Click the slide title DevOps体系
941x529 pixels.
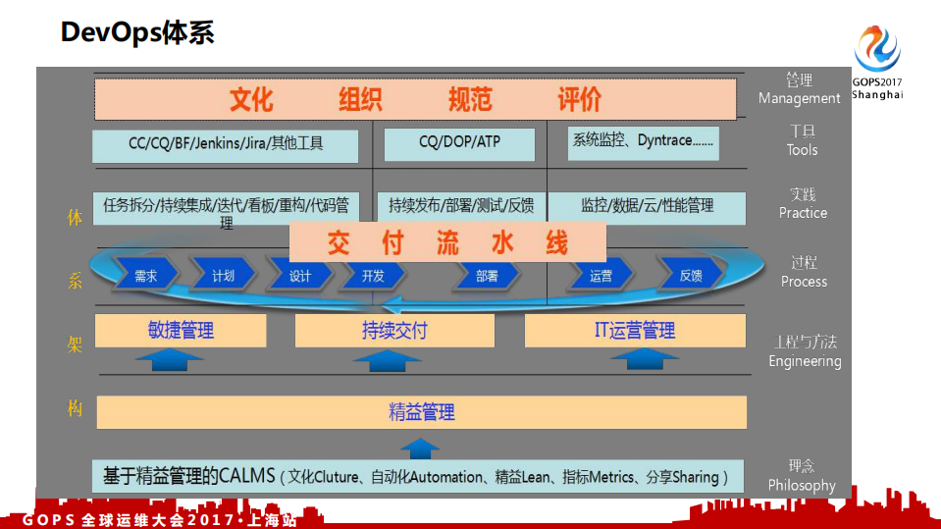(x=137, y=32)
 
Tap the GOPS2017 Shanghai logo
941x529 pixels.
(x=876, y=61)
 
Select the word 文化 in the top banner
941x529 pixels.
(x=251, y=99)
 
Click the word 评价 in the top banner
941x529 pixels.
(x=579, y=99)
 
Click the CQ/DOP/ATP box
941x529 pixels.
(x=459, y=143)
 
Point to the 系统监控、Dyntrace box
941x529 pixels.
(x=643, y=142)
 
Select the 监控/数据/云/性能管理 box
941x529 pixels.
(x=647, y=207)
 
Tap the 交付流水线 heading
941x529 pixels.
(x=447, y=242)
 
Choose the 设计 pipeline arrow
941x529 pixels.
(x=300, y=276)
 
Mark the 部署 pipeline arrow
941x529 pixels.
(x=487, y=276)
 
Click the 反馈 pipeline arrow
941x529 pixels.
(x=691, y=276)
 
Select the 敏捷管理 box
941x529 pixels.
(x=181, y=331)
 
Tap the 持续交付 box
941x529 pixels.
(x=394, y=331)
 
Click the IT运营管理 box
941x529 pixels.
(x=634, y=331)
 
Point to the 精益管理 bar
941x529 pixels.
(x=421, y=412)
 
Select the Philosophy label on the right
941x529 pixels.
(x=802, y=485)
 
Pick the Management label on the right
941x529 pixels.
(x=799, y=98)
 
